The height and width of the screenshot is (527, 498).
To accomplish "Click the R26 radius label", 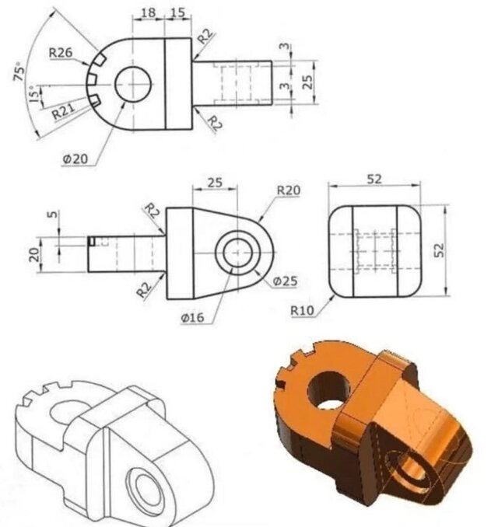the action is click(x=61, y=52).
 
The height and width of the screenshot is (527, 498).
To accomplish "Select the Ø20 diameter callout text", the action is click(x=75, y=159).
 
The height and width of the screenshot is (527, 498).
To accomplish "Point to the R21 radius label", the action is click(x=64, y=111).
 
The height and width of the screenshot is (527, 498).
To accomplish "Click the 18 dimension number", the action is click(x=148, y=12).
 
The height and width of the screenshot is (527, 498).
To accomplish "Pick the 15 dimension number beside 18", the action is click(x=177, y=12).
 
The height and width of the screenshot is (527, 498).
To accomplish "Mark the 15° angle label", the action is click(x=33, y=93).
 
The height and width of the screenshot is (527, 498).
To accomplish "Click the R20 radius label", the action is click(x=289, y=190).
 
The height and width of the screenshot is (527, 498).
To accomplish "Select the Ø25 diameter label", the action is click(x=285, y=281).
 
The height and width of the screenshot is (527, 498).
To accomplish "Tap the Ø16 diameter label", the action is click(x=192, y=317).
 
